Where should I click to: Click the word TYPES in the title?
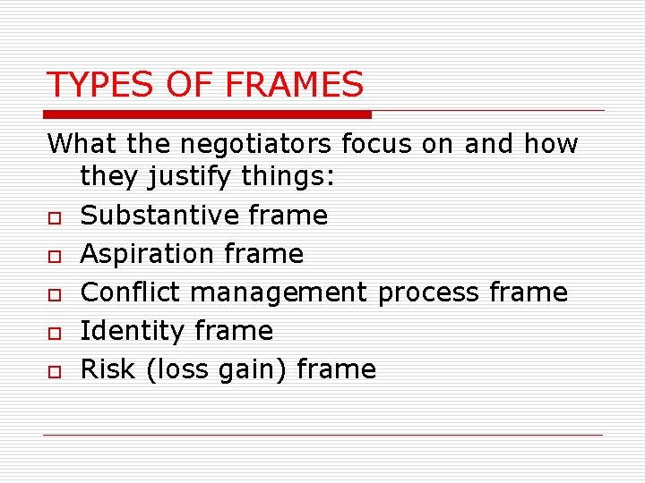point(90,85)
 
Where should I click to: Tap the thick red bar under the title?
point(209,114)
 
